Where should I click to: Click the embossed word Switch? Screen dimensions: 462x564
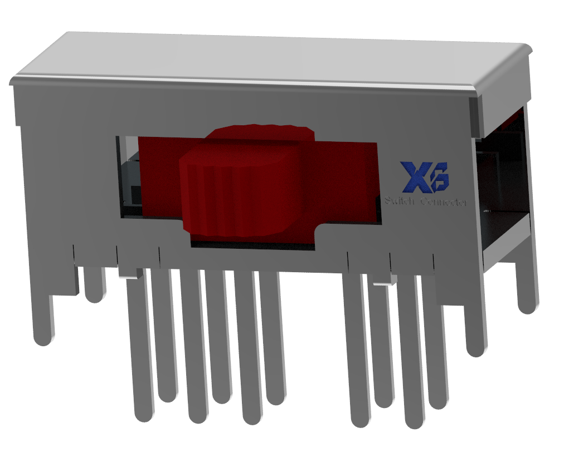399,201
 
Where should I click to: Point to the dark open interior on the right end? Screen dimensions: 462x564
502,184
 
